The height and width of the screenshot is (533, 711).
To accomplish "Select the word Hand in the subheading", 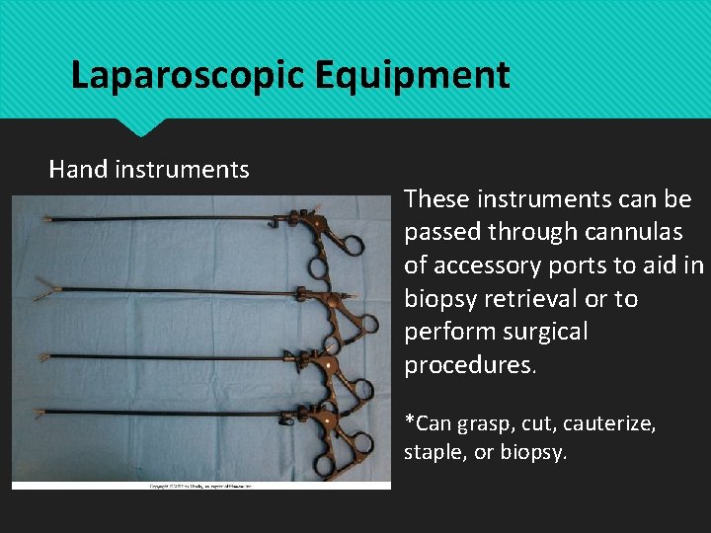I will [x=78, y=170].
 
